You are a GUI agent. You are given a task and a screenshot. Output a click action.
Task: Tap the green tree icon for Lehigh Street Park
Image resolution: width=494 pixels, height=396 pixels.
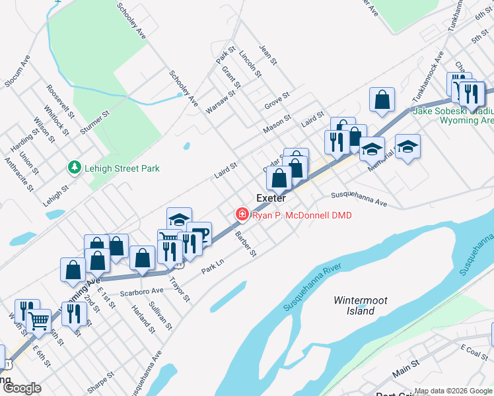point(75,168)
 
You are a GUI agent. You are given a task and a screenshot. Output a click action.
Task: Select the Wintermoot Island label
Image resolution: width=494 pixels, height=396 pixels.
point(361,305)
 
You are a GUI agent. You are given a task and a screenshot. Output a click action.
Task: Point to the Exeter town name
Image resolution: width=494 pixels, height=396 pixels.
point(271,198)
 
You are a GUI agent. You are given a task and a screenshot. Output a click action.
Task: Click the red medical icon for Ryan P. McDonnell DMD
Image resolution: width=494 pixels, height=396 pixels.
point(242,214)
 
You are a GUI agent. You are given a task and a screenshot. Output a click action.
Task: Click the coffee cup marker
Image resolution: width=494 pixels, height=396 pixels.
point(199,234)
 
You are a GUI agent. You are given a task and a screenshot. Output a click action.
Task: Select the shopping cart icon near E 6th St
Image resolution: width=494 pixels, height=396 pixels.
point(39,321)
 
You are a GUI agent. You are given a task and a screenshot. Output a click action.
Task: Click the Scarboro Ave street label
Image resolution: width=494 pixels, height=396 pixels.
point(141,291)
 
